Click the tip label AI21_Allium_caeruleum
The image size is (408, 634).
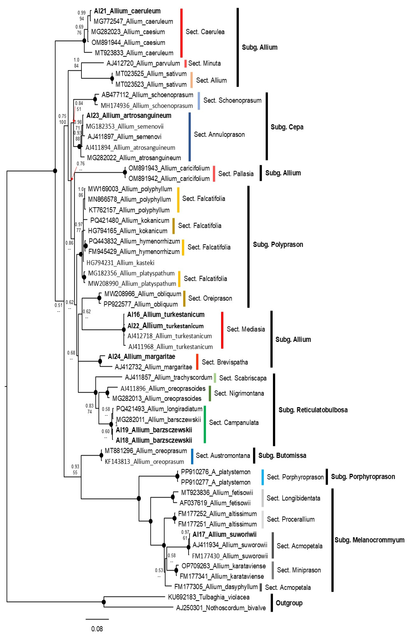click(x=127, y=11)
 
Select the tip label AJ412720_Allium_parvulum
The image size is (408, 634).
click(x=143, y=63)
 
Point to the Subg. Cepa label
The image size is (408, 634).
click(x=287, y=127)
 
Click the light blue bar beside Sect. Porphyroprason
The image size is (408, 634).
click(x=263, y=477)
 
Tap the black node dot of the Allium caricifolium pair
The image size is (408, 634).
click(x=125, y=172)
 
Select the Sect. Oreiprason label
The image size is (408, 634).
click(x=210, y=298)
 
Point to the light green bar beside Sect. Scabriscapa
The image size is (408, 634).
click(x=215, y=378)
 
